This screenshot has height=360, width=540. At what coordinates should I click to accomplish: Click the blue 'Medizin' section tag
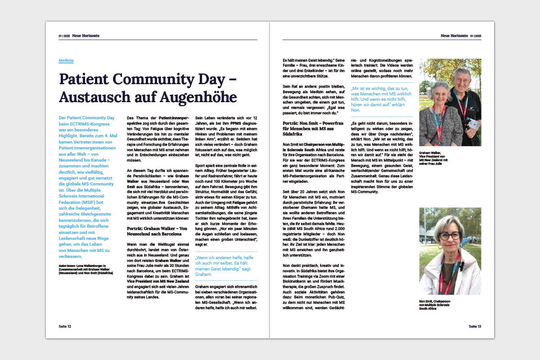pos(66,60)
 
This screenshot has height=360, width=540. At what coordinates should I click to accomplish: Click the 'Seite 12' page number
pos(65,326)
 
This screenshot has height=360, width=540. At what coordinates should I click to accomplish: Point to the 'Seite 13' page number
pos(475,326)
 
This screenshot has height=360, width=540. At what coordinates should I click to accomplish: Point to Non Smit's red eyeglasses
pos(450,235)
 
